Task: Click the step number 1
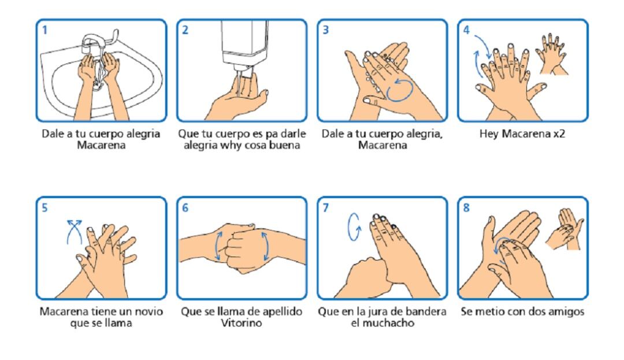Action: [x=44, y=30]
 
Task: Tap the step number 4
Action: [x=466, y=30]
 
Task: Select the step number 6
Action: [x=185, y=207]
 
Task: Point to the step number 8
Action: [x=466, y=207]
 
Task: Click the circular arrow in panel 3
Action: [x=399, y=90]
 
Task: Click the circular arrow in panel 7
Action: [x=354, y=227]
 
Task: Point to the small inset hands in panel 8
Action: [x=564, y=229]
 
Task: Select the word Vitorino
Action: [x=242, y=322]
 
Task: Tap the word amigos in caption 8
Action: [x=567, y=312]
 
